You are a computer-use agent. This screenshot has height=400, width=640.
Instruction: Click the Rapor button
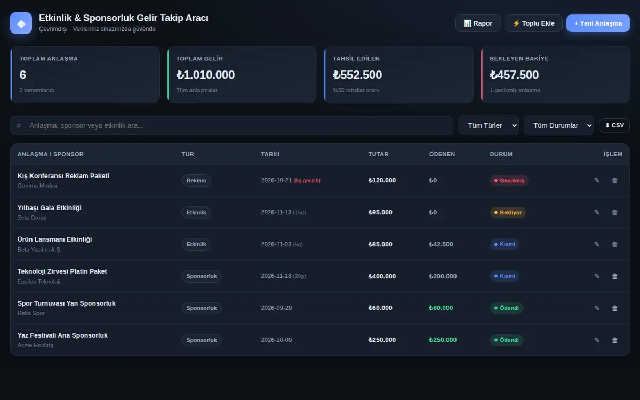coord(478,23)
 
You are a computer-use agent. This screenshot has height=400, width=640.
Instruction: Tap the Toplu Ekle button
coord(533,23)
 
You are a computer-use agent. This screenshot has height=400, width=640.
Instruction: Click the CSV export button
coord(614,125)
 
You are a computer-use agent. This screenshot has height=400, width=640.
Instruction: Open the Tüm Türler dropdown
coord(489,125)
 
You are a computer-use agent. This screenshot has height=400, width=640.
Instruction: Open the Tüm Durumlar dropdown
coord(559,125)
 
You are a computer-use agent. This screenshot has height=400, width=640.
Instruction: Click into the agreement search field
coord(231,125)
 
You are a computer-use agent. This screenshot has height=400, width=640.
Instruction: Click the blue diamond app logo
coord(21,23)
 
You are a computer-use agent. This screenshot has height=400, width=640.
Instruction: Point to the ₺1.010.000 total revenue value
coord(205,75)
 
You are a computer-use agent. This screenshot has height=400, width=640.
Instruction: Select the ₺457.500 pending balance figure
coord(514,75)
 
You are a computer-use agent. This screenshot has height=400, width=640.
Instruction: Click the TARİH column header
coord(270,154)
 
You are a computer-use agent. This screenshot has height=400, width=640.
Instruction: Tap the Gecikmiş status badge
coord(509,181)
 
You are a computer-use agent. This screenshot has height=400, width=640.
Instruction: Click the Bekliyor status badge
coord(508,213)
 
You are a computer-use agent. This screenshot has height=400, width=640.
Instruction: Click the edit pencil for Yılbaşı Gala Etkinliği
coord(597,212)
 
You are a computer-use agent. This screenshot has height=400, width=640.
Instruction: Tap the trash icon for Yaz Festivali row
coord(615,340)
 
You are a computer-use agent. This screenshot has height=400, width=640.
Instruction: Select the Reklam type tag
coord(196,181)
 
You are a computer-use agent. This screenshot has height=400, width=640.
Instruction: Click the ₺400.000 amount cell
coord(382,276)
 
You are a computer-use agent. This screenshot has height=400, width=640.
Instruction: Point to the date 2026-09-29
coord(276,308)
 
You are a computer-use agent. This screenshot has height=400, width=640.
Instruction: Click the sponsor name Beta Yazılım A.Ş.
coord(39,250)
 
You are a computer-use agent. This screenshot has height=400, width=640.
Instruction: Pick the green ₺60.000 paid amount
coord(441,308)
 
